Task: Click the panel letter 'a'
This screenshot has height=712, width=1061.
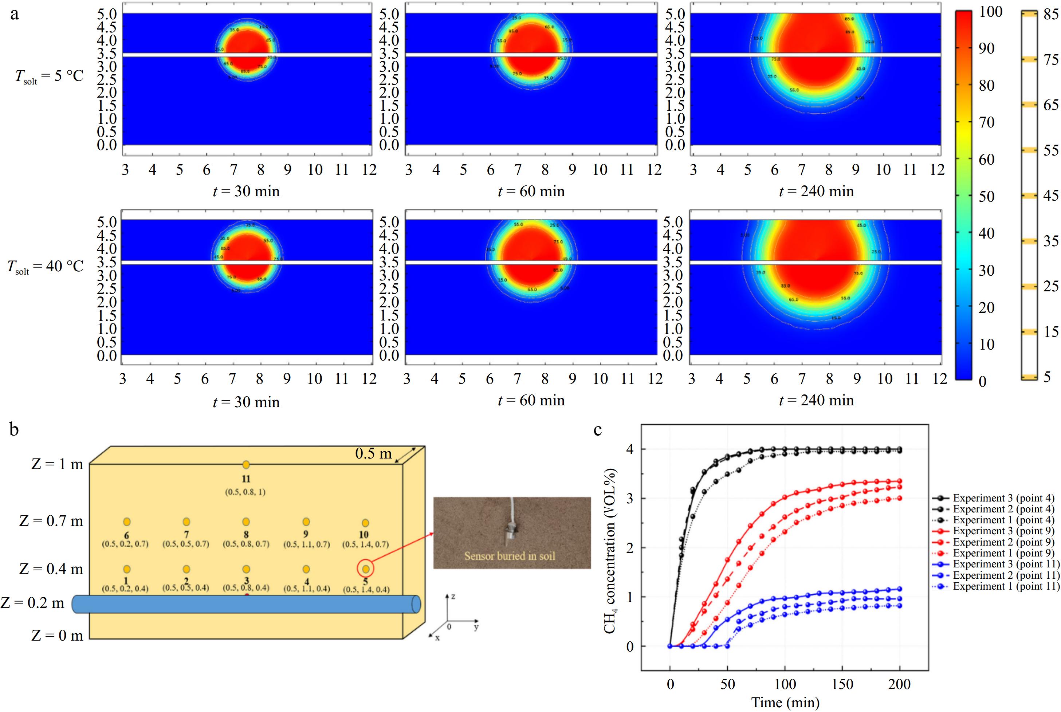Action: coord(15,15)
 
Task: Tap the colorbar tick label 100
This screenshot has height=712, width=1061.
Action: coord(991,12)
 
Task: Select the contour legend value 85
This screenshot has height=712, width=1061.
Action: coord(1050,14)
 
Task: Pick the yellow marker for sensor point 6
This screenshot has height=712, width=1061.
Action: coord(127,522)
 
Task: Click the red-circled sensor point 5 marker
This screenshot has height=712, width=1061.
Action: coord(365,569)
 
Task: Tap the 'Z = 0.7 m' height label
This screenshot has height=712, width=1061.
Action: coord(51,521)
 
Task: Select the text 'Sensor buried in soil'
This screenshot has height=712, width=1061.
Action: coord(510,556)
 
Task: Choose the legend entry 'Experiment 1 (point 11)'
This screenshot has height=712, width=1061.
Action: coord(1006,586)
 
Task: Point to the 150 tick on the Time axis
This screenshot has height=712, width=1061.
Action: coord(842,684)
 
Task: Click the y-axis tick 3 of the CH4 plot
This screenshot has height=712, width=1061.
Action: coord(630,498)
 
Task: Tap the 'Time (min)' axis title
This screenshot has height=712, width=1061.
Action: coord(785,703)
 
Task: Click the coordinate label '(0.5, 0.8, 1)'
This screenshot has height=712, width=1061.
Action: coord(245,492)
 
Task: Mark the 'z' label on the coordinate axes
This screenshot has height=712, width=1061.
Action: coord(453,596)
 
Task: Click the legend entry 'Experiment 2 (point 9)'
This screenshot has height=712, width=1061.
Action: coord(1003,542)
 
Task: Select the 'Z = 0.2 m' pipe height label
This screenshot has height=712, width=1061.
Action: coord(33,603)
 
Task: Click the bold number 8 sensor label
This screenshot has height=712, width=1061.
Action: coord(246,534)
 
